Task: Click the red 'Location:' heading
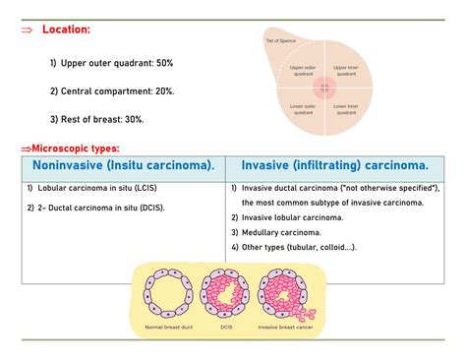coord(65,30)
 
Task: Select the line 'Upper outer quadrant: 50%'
coord(111,63)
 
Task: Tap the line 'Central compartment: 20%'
coord(112,91)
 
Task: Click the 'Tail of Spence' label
coord(281,40)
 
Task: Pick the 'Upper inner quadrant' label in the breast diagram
coord(346,70)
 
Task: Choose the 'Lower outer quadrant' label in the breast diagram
coord(303,108)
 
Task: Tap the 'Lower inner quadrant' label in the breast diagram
coord(346,108)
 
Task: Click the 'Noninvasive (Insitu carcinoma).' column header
coord(124,165)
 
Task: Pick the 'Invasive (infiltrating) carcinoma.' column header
coord(335,165)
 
